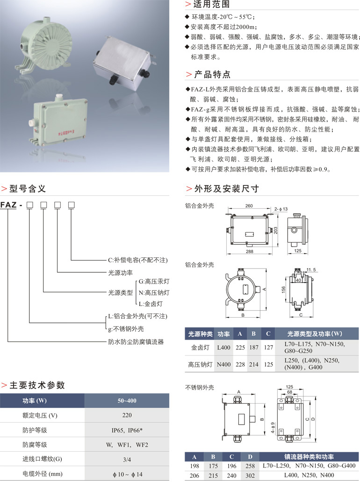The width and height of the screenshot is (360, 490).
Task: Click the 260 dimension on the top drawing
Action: [x=249, y=206]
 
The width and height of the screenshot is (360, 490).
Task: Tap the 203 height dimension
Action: [x=276, y=229]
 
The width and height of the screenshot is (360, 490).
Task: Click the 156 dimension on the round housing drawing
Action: [x=283, y=290]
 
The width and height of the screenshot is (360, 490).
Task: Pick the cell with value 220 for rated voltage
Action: [x=127, y=415]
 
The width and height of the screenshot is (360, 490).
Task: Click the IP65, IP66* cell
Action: [x=127, y=430]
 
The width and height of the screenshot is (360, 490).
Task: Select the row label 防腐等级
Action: [x=35, y=445]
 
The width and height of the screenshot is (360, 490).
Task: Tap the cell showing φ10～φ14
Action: [x=127, y=474]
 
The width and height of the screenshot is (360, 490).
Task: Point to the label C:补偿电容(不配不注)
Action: [x=137, y=260]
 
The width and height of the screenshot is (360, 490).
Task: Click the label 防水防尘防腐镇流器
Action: [x=136, y=341]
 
